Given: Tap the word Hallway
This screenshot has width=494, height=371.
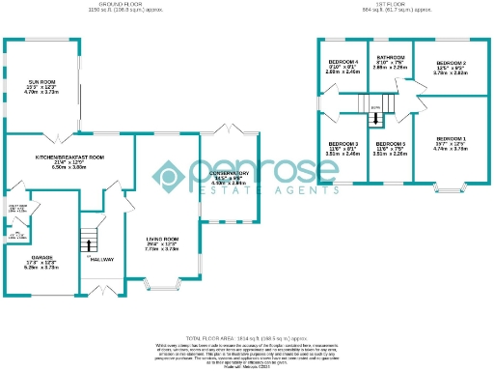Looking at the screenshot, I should pos(102,259).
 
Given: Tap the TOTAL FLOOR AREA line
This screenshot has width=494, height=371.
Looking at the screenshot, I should pos(247,329).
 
